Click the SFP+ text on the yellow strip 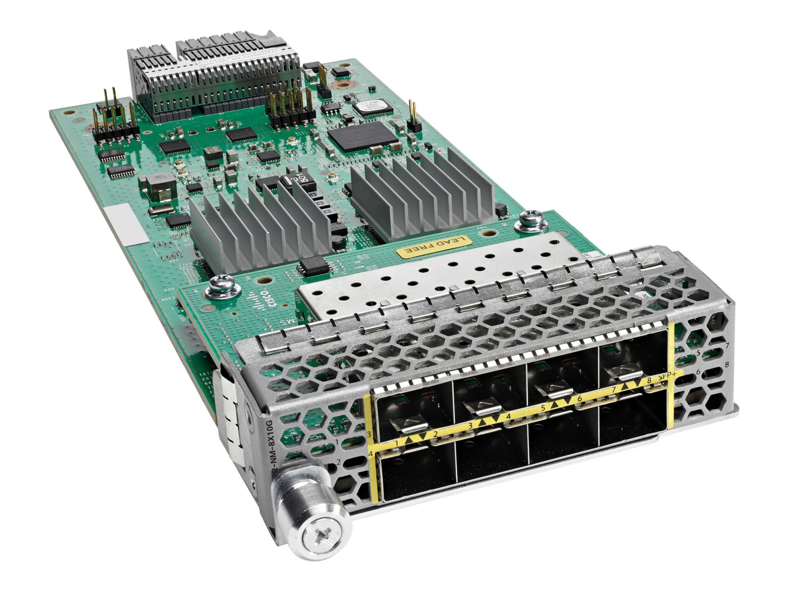coord(664,378)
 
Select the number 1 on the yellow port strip coord(396,443)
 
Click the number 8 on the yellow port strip coord(648,380)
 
